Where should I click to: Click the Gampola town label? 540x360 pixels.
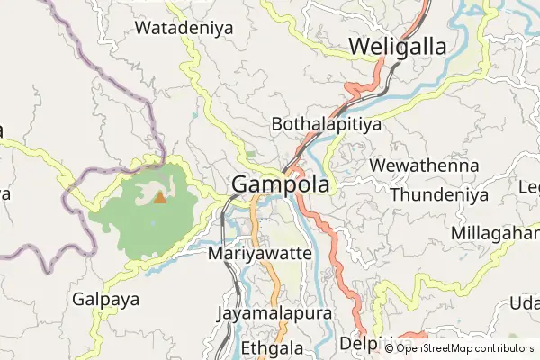(281, 184)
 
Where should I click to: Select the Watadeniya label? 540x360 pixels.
(184, 28)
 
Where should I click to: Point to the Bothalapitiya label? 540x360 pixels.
(326, 124)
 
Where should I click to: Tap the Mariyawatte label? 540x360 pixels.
(259, 254)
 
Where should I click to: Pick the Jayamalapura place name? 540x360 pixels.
(274, 314)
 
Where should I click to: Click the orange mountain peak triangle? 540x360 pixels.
(160, 197)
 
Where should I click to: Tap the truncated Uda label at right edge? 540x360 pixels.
(524, 302)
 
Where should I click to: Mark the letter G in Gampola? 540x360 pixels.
(241, 184)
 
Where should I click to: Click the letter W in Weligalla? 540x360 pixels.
(359, 46)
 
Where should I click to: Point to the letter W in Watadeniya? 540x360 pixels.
(142, 28)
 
